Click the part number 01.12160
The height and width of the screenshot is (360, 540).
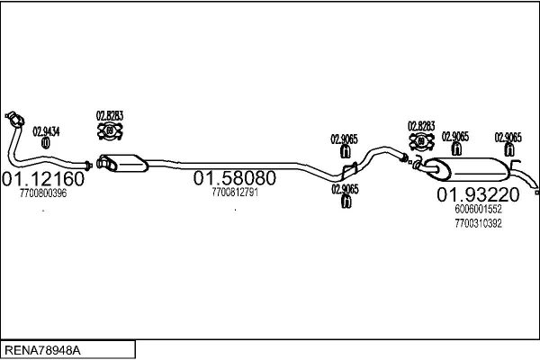pyautogui.click(x=43, y=179)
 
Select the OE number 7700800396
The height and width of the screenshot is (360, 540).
pyautogui.click(x=43, y=193)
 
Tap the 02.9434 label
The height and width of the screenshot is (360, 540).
pyautogui.click(x=46, y=131)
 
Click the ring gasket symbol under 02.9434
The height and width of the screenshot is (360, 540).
pyautogui.click(x=46, y=143)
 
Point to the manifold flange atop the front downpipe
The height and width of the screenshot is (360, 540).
pyautogui.click(x=14, y=119)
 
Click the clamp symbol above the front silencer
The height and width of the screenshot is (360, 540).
pyautogui.click(x=110, y=130)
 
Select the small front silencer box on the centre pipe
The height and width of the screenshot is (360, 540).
pyautogui.click(x=122, y=163)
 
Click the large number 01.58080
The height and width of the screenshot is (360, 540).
pyautogui.click(x=235, y=178)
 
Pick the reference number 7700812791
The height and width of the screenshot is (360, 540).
pyautogui.click(x=235, y=193)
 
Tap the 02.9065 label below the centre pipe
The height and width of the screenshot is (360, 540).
pyautogui.click(x=345, y=189)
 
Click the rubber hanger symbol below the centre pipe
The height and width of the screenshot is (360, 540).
pyautogui.click(x=346, y=202)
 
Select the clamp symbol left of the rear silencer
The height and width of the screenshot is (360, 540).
pyautogui.click(x=421, y=141)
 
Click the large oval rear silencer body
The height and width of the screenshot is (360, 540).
pyautogui.click(x=467, y=169)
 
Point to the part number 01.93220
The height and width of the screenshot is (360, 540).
pyautogui.click(x=478, y=194)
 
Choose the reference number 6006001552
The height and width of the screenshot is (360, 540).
pyautogui.click(x=478, y=209)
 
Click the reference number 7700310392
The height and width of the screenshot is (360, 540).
pyautogui.click(x=478, y=223)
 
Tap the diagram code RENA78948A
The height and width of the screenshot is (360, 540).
pyautogui.click(x=42, y=350)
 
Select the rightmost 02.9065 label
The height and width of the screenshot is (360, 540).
pyautogui.click(x=508, y=138)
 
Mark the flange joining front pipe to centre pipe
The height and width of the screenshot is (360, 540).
pyautogui.click(x=88, y=166)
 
